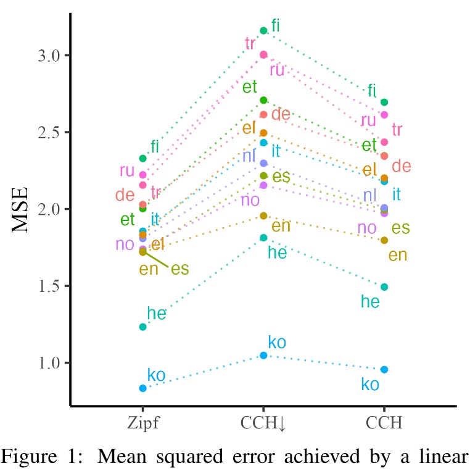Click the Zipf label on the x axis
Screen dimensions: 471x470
pyautogui.click(x=142, y=424)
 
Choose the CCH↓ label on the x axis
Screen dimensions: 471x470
pyautogui.click(x=263, y=424)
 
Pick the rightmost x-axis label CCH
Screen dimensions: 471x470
pyautogui.click(x=384, y=424)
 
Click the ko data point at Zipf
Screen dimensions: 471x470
pyautogui.click(x=142, y=388)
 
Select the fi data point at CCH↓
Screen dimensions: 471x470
pyautogui.click(x=263, y=30)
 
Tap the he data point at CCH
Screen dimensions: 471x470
pyautogui.click(x=384, y=287)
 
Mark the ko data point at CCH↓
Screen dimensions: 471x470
pyautogui.click(x=263, y=356)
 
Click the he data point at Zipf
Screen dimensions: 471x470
pyautogui.click(x=142, y=327)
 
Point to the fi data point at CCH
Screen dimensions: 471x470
pyautogui.click(x=384, y=102)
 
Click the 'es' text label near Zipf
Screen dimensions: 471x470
pyautogui.click(x=179, y=269)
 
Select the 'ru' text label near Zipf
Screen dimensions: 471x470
pyautogui.click(x=127, y=170)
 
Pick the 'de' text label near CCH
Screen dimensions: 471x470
pyautogui.click(x=402, y=166)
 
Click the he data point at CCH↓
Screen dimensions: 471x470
pyautogui.click(x=263, y=238)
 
